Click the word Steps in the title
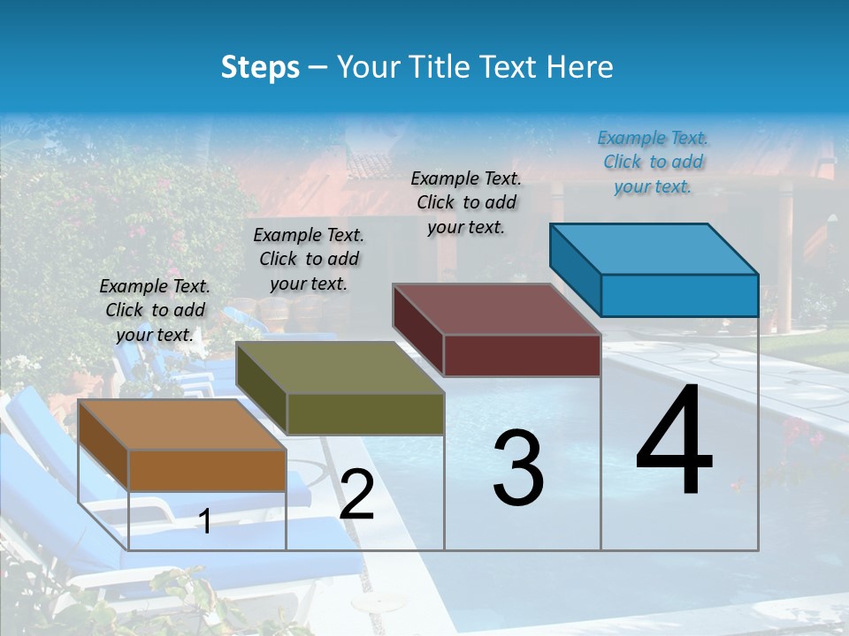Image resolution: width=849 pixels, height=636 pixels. [x=260, y=67]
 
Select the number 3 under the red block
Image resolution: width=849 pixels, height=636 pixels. [x=518, y=468]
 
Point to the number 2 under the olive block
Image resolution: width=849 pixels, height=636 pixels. [x=356, y=495]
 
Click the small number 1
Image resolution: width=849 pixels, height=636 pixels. [x=204, y=521]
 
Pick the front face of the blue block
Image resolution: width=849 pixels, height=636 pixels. [x=679, y=295]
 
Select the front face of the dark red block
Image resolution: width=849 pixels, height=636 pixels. [x=522, y=355]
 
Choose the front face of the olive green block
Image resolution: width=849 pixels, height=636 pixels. [x=365, y=413]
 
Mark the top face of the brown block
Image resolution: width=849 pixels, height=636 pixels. [x=182, y=425]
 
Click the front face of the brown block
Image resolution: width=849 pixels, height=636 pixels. [x=207, y=470]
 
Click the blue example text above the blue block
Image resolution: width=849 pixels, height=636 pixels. [x=653, y=163]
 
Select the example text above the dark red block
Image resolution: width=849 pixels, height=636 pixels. [x=466, y=202]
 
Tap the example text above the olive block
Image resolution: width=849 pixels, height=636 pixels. [x=309, y=259]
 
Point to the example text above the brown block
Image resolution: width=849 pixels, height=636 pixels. [x=155, y=310]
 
